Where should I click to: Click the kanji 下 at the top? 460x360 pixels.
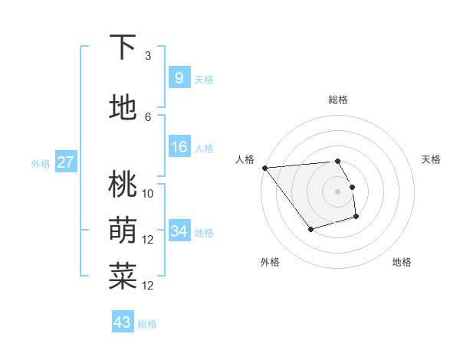[x=123, y=47]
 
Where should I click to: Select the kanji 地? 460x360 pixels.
[x=123, y=108]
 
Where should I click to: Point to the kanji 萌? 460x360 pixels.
[x=123, y=231]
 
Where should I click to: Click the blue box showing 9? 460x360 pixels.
[x=179, y=78]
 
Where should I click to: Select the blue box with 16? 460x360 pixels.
[x=179, y=148]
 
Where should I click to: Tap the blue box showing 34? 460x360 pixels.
[x=179, y=231]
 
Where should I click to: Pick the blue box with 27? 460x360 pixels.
[x=65, y=162]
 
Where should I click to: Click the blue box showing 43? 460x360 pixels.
[x=123, y=322]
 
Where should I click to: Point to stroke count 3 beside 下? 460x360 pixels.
[x=148, y=56]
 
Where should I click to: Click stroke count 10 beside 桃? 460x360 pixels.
[x=148, y=194]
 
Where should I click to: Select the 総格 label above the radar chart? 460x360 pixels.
[x=338, y=100]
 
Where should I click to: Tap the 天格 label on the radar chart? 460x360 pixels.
[x=431, y=159]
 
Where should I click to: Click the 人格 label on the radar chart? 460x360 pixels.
[x=245, y=159]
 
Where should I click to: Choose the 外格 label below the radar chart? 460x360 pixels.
[x=270, y=262]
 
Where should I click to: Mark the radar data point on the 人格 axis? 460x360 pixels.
[x=264, y=168]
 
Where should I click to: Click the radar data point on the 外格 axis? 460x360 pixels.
[x=310, y=229]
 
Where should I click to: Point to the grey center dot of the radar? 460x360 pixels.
[x=338, y=191]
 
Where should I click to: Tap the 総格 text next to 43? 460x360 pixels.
[x=148, y=324]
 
